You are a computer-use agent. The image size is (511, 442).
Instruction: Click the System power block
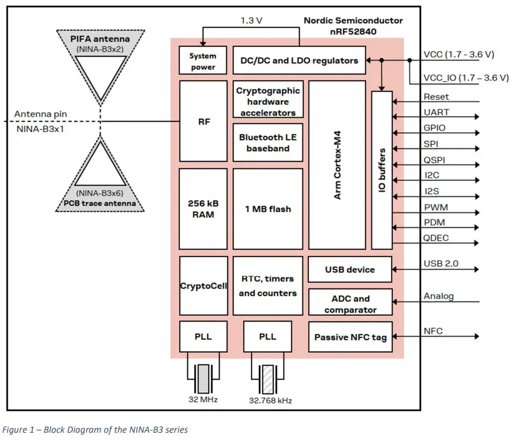coord(203,61)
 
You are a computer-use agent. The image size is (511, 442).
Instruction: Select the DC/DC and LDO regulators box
coord(299,60)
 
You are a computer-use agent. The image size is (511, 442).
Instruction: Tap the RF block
coord(203,122)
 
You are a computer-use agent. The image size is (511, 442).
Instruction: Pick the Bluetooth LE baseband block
coord(267,143)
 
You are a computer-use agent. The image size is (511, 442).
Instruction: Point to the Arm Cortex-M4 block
coord(337,165)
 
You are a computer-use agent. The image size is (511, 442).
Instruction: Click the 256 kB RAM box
coord(203,209)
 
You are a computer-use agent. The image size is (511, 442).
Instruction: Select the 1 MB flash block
coord(267,209)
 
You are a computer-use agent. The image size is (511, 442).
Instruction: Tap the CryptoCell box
coord(203,286)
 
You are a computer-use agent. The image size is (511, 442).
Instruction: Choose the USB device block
coord(350,270)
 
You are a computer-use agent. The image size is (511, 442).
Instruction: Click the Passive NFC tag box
coord(350,337)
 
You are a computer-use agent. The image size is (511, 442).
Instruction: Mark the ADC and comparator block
coord(350,304)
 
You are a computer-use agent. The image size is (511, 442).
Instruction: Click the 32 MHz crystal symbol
coord(203,377)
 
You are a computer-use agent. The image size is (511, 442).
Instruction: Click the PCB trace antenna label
coord(100,204)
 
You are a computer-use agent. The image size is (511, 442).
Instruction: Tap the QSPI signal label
coord(435,160)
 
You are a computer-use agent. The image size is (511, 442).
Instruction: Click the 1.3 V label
coord(252,21)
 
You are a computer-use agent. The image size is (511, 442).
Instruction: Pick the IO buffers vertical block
coord(381,169)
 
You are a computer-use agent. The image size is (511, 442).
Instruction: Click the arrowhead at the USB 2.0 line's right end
coord(477,269)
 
